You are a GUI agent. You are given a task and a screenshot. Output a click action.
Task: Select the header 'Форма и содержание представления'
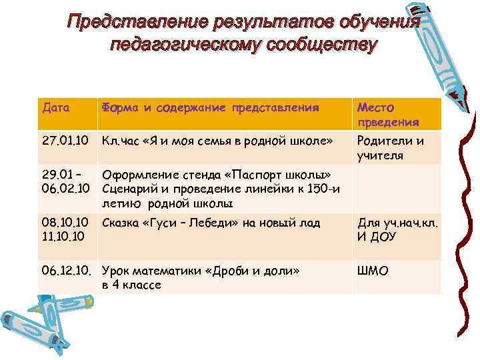(209, 107)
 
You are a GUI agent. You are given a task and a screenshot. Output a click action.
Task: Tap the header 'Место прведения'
(388, 114)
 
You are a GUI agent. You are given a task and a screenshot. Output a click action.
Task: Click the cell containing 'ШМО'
(373, 271)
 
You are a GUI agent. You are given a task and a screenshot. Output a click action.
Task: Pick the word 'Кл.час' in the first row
(117, 141)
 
